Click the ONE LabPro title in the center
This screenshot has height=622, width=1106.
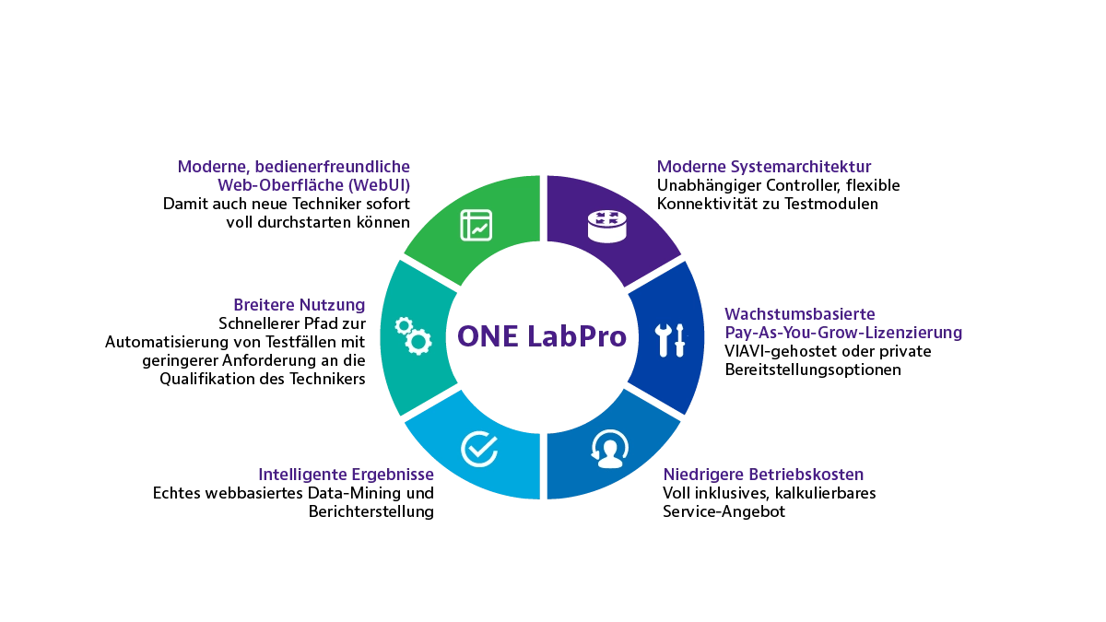click(542, 336)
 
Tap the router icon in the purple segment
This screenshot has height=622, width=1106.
click(606, 227)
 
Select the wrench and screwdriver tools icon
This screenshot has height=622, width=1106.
click(671, 340)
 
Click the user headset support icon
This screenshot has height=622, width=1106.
click(610, 449)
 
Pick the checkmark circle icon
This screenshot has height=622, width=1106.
click(479, 449)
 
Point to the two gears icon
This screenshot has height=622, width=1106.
click(413, 336)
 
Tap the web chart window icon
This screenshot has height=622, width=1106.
click(476, 225)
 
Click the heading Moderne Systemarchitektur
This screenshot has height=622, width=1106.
click(764, 167)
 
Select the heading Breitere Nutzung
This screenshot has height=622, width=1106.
click(300, 305)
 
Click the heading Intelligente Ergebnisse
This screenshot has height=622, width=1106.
click(347, 475)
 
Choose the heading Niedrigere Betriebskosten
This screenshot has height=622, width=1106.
click(763, 475)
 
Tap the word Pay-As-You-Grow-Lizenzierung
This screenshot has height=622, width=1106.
click(843, 333)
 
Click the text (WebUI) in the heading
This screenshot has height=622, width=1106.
click(379, 185)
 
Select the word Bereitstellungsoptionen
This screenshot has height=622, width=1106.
click(813, 370)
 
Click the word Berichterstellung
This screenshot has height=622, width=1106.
click(371, 511)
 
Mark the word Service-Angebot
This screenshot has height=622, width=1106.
click(724, 511)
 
